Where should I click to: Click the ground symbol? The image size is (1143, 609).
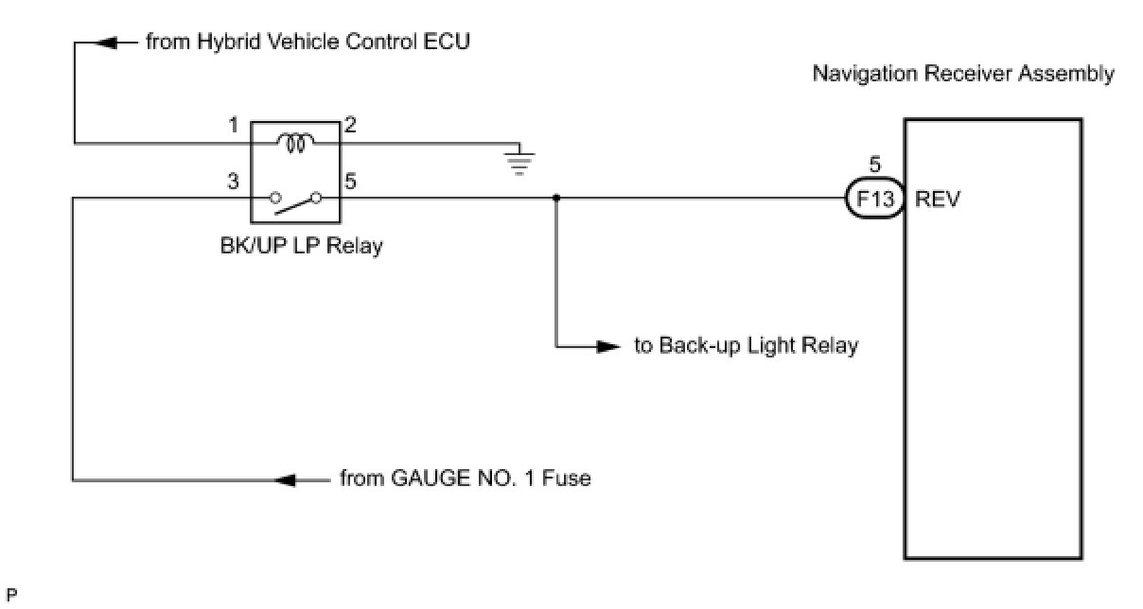519,163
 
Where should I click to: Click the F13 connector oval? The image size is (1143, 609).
874,198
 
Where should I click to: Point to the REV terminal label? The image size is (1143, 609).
938,199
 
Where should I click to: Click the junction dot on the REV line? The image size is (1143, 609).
556,198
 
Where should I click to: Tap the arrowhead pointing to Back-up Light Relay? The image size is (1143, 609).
608,347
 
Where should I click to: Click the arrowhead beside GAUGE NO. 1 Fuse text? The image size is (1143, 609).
285,480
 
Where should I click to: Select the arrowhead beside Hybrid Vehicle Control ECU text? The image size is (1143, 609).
106,43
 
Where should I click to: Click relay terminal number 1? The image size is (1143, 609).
234,125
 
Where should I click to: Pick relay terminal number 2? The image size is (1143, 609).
350,125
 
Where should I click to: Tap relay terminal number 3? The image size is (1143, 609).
233,181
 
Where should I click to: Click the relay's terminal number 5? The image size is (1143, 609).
350,181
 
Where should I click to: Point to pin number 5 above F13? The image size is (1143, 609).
874,165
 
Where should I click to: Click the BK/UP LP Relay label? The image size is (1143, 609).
301,246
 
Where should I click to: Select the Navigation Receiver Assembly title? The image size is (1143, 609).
963,74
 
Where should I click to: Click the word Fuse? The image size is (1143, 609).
566,478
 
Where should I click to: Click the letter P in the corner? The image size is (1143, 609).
11,595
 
